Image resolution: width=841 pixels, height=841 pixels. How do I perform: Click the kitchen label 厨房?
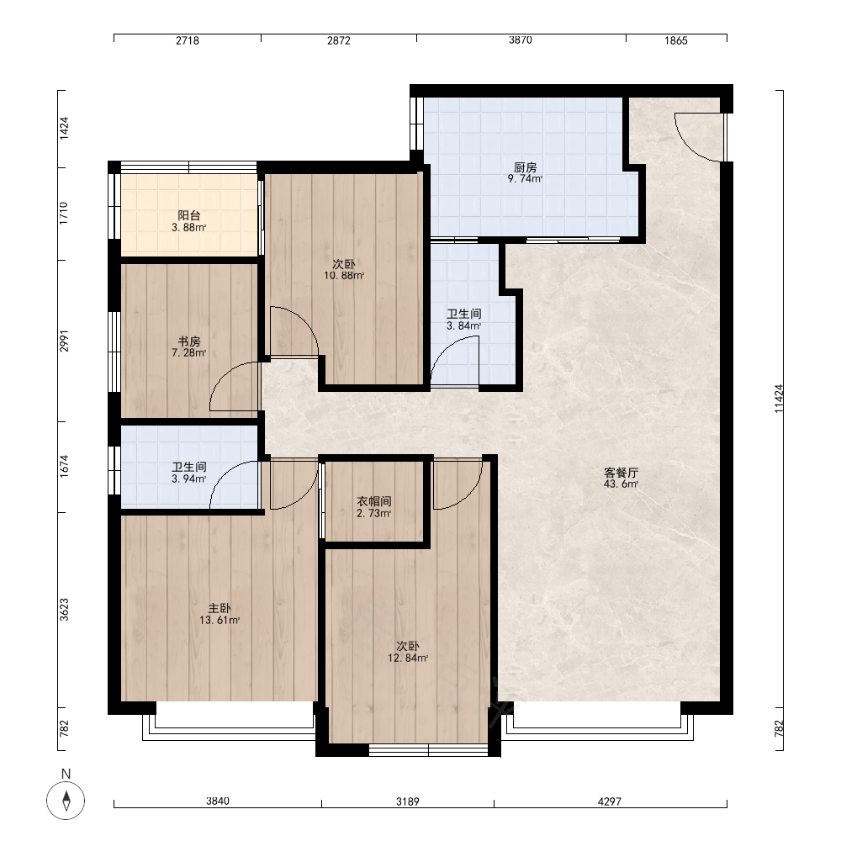pyautogui.click(x=525, y=167)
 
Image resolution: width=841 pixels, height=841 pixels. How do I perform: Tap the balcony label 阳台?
pyautogui.click(x=188, y=215)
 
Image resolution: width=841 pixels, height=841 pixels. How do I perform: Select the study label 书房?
pyautogui.click(x=188, y=341)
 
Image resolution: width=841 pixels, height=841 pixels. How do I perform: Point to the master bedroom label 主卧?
pyautogui.click(x=220, y=608)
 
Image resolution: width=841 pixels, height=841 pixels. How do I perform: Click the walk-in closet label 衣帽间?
pyautogui.click(x=374, y=501)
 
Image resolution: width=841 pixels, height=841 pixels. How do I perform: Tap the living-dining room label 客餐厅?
pyautogui.click(x=621, y=473)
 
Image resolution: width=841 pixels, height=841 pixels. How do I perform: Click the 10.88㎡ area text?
pyautogui.click(x=344, y=276)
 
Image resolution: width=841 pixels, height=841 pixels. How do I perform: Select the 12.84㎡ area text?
pyautogui.click(x=408, y=658)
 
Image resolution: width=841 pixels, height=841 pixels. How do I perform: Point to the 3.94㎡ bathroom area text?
pyautogui.click(x=188, y=479)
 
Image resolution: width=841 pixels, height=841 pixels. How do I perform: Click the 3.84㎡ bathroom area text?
pyautogui.click(x=464, y=325)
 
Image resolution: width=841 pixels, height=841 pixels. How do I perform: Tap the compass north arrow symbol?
pyautogui.click(x=66, y=801)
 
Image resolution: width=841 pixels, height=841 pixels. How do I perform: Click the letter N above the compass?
pyautogui.click(x=66, y=774)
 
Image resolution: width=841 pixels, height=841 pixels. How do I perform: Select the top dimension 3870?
pyautogui.click(x=521, y=40)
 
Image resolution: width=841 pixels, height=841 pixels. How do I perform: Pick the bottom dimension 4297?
pyautogui.click(x=609, y=801)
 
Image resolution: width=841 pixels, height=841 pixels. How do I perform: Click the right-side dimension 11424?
pyautogui.click(x=779, y=399)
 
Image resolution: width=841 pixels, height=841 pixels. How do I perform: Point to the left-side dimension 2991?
pyautogui.click(x=64, y=341)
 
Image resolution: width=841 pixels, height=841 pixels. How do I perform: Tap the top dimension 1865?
pyautogui.click(x=676, y=40)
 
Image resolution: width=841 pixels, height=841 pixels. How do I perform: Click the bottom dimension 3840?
pyautogui.click(x=217, y=801)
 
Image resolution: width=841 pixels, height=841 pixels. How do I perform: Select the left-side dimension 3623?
pyautogui.click(x=64, y=610)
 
